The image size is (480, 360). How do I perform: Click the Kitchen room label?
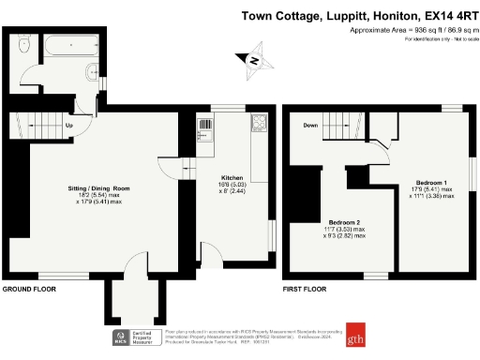pos(232,177)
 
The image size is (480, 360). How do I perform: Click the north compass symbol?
pos(253,59)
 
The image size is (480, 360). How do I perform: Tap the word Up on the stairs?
pos(69,125)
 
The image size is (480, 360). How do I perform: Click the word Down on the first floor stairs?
pos(310,124)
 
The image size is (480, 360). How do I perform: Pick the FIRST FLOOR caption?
pos(305,291)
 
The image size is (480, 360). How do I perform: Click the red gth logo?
pos(354,337)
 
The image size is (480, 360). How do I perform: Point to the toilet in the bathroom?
pos(23,47)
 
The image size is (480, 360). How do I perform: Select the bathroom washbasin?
pos(90,74)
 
